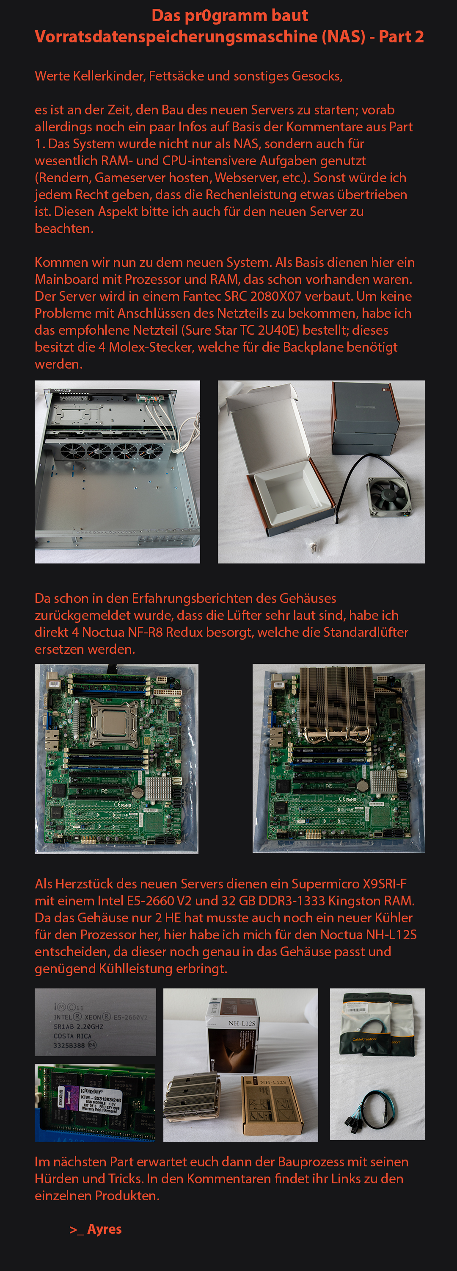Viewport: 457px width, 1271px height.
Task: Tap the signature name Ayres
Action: (105, 1229)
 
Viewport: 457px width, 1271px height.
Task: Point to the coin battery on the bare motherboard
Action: (137, 792)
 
